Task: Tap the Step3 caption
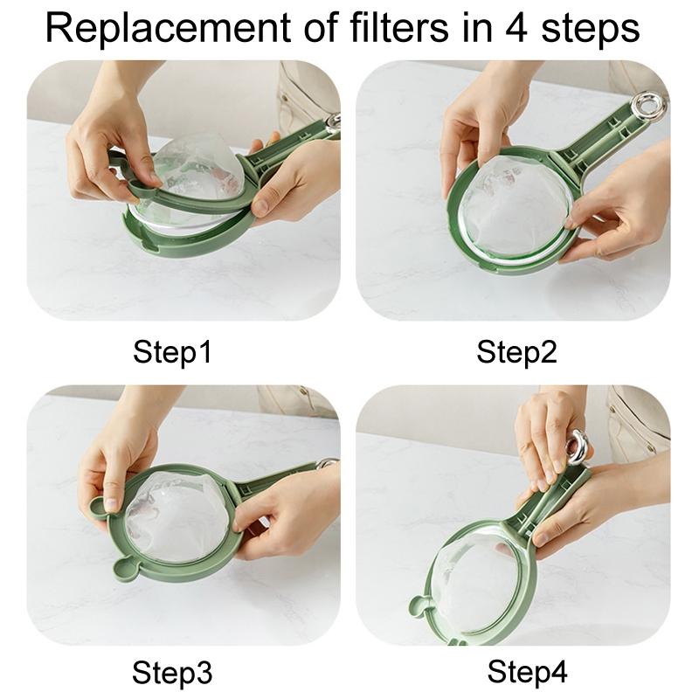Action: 172,673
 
